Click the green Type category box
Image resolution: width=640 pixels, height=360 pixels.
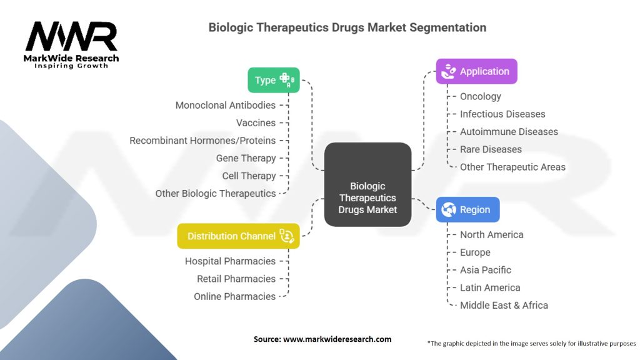click(x=273, y=80)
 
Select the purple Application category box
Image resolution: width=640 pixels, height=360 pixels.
click(x=476, y=71)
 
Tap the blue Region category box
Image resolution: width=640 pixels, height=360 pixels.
click(x=467, y=210)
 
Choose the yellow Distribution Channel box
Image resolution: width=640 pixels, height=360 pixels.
click(x=238, y=236)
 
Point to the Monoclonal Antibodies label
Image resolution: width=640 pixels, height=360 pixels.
click(x=225, y=106)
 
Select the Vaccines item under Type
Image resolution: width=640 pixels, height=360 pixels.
click(x=256, y=123)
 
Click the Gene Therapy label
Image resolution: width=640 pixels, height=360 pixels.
click(x=246, y=158)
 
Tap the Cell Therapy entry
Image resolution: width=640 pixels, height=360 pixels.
click(x=249, y=176)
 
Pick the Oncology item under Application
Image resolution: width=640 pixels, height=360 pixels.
click(x=481, y=96)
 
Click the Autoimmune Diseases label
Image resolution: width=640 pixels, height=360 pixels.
click(x=509, y=132)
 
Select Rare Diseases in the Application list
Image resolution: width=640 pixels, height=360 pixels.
click(x=491, y=149)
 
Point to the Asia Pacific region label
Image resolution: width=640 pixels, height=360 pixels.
click(x=486, y=270)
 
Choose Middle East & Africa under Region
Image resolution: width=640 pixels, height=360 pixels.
click(x=504, y=306)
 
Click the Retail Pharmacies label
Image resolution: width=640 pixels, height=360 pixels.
click(x=236, y=279)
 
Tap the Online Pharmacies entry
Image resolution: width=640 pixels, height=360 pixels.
click(x=234, y=296)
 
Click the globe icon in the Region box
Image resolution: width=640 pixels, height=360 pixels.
click(x=448, y=210)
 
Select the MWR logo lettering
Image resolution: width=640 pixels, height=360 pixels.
click(x=71, y=37)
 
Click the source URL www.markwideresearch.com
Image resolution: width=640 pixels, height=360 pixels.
click(x=337, y=339)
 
